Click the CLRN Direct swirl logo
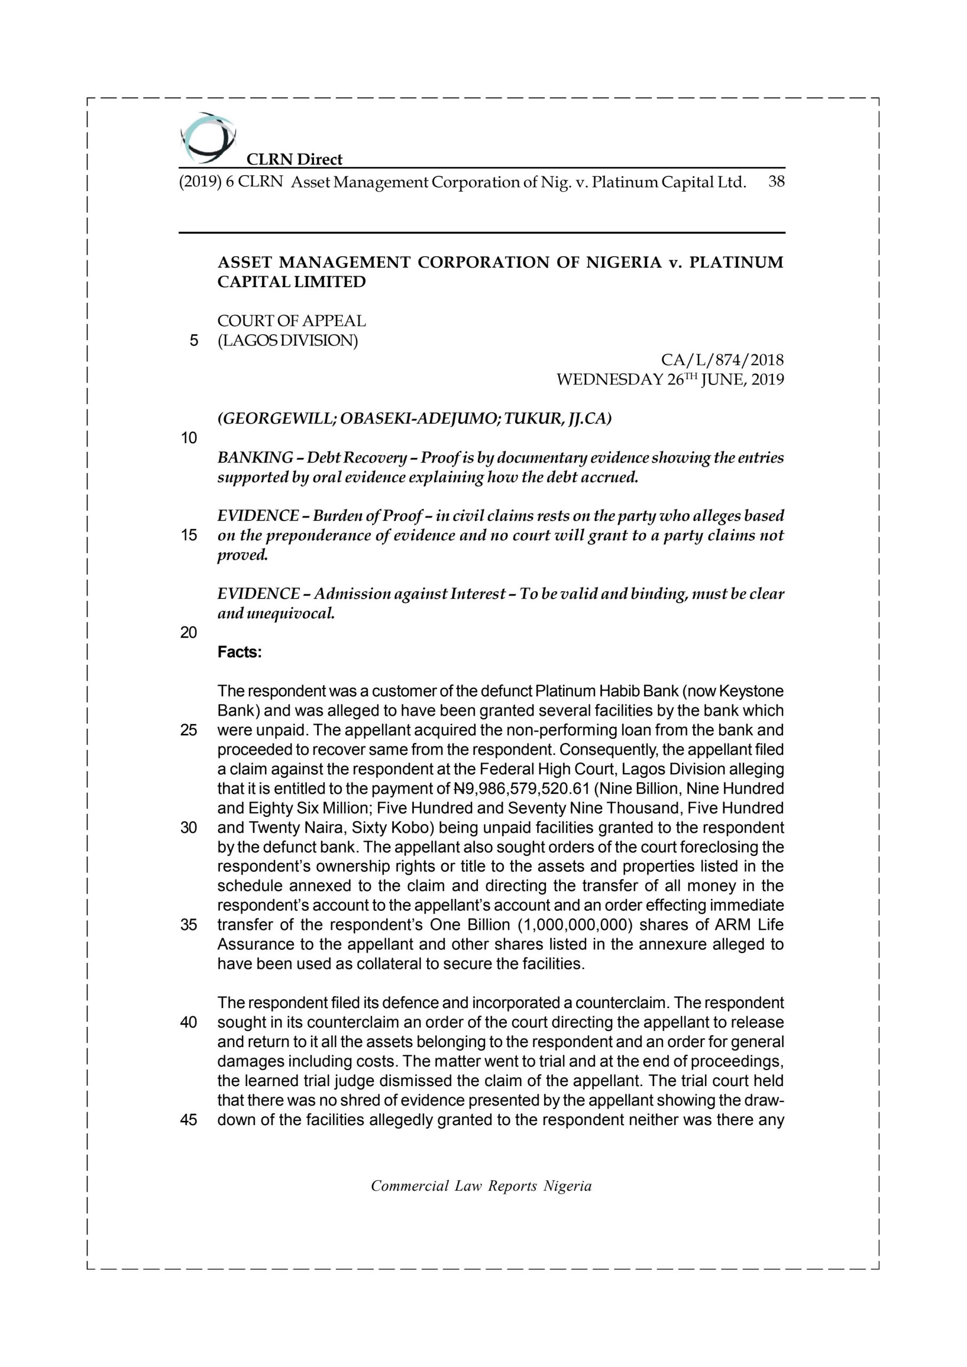click(x=207, y=138)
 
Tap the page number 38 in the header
click(x=776, y=182)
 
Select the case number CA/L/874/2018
click(x=722, y=360)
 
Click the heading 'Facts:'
click(x=239, y=653)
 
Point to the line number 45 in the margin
click(x=189, y=1120)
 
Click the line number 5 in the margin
click(x=193, y=341)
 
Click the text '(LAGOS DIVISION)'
click(x=288, y=341)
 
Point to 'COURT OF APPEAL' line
click(x=292, y=321)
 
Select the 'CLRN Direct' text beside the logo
click(x=294, y=160)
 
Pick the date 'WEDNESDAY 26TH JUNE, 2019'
click(x=670, y=379)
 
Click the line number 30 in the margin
click(x=189, y=828)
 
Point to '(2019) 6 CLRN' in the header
click(x=231, y=182)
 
